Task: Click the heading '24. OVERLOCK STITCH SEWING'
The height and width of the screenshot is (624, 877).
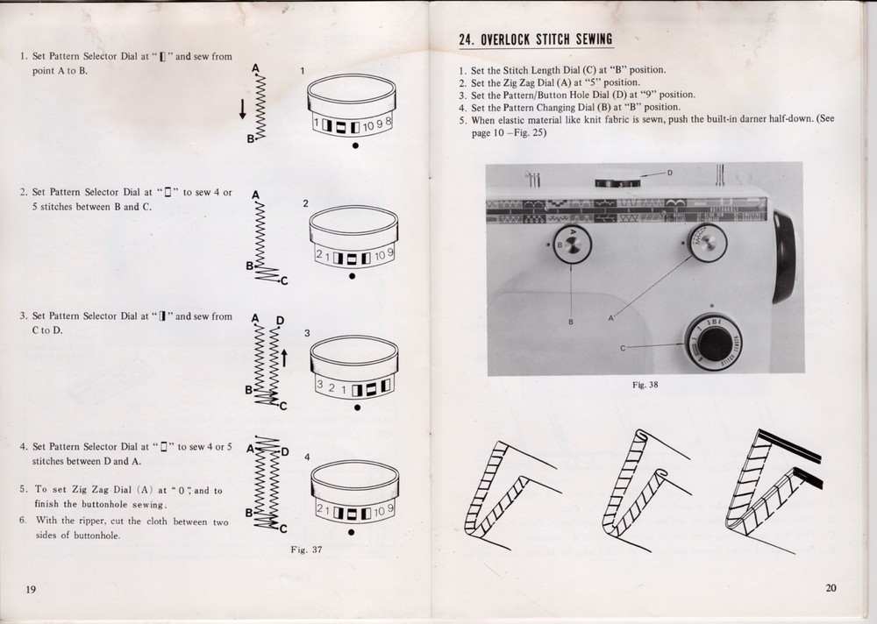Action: coord(536,39)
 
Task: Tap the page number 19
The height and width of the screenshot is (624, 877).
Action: coord(31,588)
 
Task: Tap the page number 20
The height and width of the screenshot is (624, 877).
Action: coord(831,587)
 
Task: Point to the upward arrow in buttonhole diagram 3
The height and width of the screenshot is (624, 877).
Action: coord(283,357)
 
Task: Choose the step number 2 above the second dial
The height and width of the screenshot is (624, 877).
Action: coord(305,203)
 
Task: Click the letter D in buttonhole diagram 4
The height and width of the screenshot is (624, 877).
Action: coord(283,450)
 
